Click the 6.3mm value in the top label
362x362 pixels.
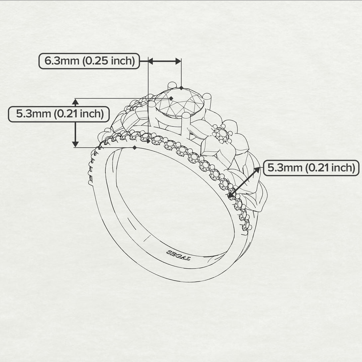(62, 61)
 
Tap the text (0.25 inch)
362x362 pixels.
(109, 61)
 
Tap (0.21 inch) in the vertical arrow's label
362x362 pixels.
(78, 114)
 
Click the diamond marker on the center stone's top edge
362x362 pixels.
(181, 88)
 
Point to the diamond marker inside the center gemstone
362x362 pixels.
(171, 98)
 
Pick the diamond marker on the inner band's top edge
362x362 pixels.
(134, 147)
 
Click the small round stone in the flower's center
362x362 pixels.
(221, 134)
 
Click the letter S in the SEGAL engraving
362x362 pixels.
(169, 252)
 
